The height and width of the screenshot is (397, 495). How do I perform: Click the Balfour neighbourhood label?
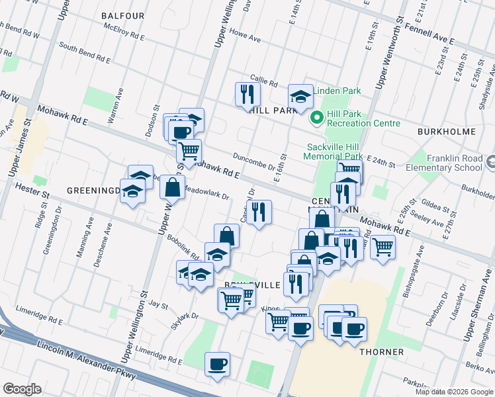123,15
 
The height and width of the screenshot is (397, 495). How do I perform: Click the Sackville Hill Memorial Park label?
334,152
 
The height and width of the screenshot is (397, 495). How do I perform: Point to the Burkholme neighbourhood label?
447,132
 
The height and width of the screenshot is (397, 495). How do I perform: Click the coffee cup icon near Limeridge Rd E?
216,363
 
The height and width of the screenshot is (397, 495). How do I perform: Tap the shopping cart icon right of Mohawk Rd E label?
382,247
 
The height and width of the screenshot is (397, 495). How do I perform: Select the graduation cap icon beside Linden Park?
300,96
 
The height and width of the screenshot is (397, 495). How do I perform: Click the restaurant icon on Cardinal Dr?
259,211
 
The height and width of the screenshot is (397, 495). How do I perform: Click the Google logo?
22,388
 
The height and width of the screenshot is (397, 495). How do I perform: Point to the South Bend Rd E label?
84,52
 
